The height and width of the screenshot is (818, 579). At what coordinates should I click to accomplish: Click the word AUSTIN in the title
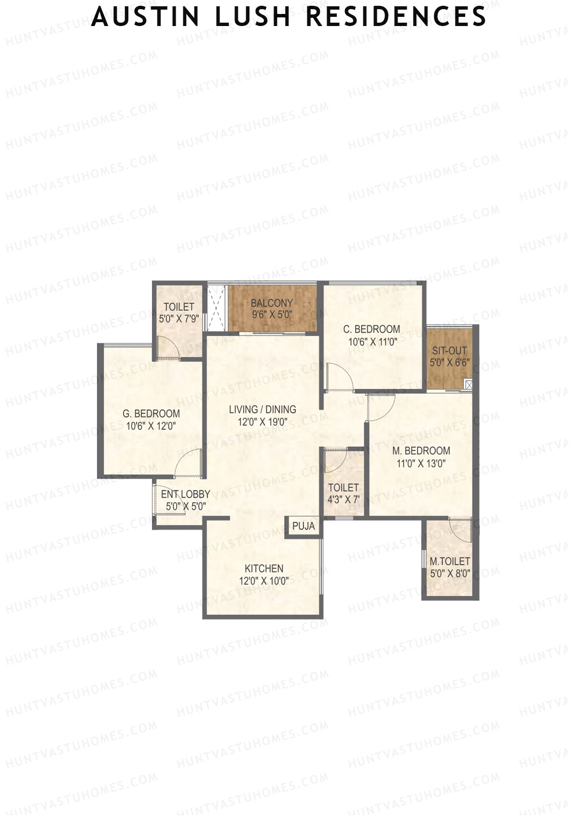tap(145, 17)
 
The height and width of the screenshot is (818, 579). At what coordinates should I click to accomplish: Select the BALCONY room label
tap(272, 303)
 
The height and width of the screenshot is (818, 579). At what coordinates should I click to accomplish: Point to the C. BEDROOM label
tap(372, 329)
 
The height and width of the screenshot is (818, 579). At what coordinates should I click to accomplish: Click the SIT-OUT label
tap(449, 351)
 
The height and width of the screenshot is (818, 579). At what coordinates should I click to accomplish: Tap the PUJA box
tap(303, 526)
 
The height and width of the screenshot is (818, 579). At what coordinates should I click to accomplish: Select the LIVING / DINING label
tap(262, 410)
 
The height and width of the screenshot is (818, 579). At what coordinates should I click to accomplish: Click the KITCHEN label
tap(264, 568)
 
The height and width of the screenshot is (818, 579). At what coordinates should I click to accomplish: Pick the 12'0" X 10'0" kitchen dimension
tap(264, 581)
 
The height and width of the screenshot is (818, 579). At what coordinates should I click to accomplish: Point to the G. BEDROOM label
tap(151, 414)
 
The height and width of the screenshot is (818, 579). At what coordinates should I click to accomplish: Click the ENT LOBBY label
tap(185, 495)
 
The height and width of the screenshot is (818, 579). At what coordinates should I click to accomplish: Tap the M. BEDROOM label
tap(421, 451)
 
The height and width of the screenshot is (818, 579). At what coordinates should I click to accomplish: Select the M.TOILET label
tap(450, 562)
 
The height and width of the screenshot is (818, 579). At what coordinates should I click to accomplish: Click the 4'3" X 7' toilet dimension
tap(343, 500)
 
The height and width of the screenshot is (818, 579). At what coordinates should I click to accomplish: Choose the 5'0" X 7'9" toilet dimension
tap(179, 319)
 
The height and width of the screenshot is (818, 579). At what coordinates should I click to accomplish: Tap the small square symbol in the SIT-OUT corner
tap(468, 384)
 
